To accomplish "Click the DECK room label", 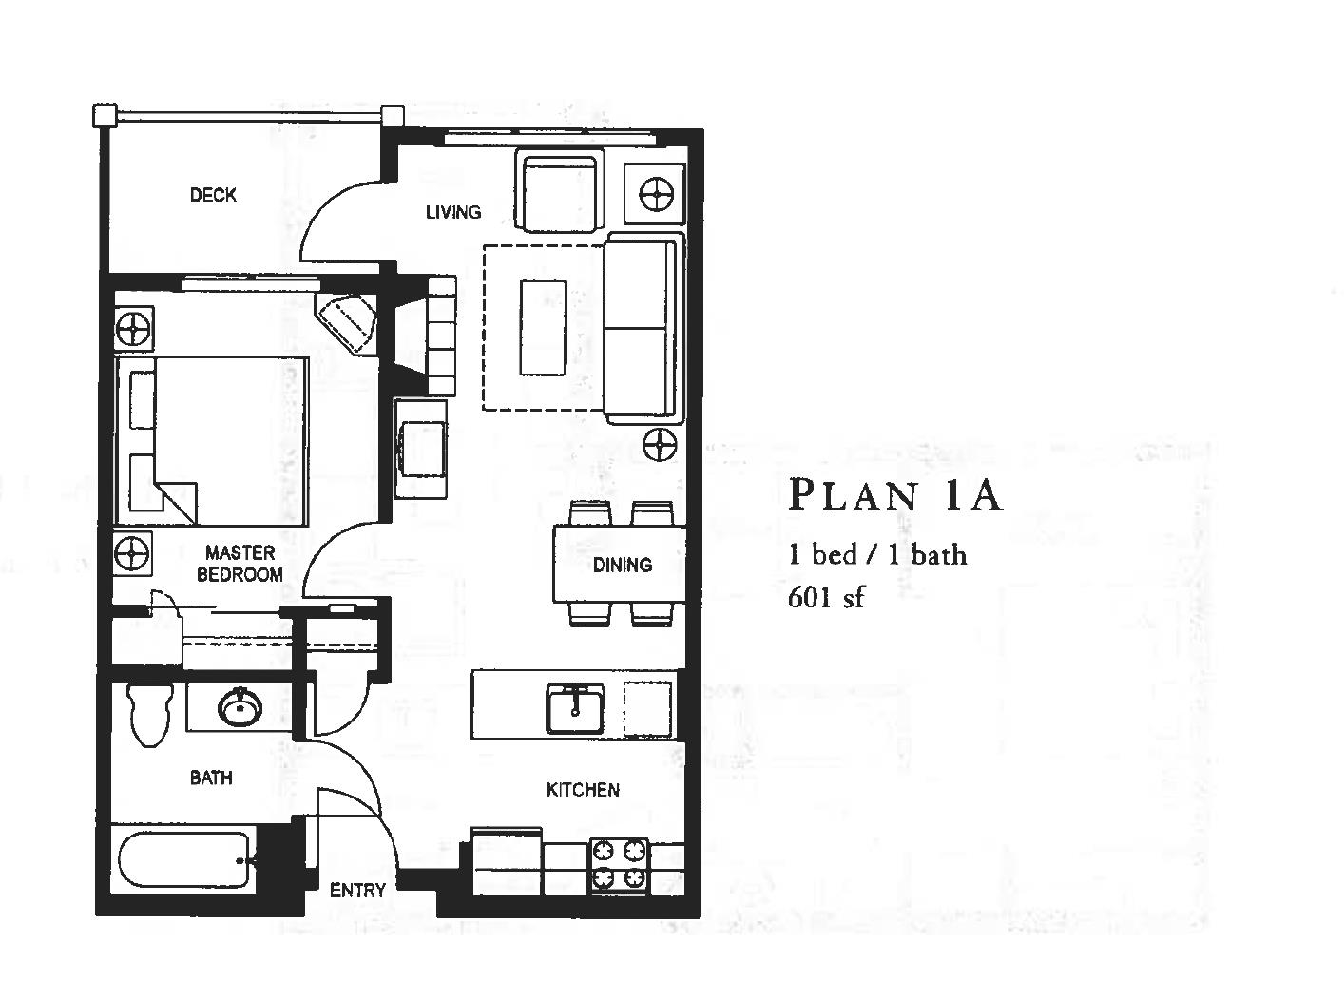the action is pos(213,195).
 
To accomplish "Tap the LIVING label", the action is pos(452,212).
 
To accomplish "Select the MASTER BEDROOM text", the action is pos(240,563).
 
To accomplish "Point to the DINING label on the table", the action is pos(623,565).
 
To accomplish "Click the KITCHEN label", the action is pos(583,789).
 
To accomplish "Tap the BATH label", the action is pos(211,778).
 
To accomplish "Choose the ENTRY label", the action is pos(357,890).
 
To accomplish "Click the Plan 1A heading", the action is pos(895,495).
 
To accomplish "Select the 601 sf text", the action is pos(826,598).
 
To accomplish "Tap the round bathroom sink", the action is pos(240,707).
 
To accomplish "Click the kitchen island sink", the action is pos(573,708).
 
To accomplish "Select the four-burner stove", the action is pos(619,866).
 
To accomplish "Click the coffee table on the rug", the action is pos(543,327).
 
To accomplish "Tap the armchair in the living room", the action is pos(559,190).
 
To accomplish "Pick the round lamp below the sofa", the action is pos(659,444).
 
